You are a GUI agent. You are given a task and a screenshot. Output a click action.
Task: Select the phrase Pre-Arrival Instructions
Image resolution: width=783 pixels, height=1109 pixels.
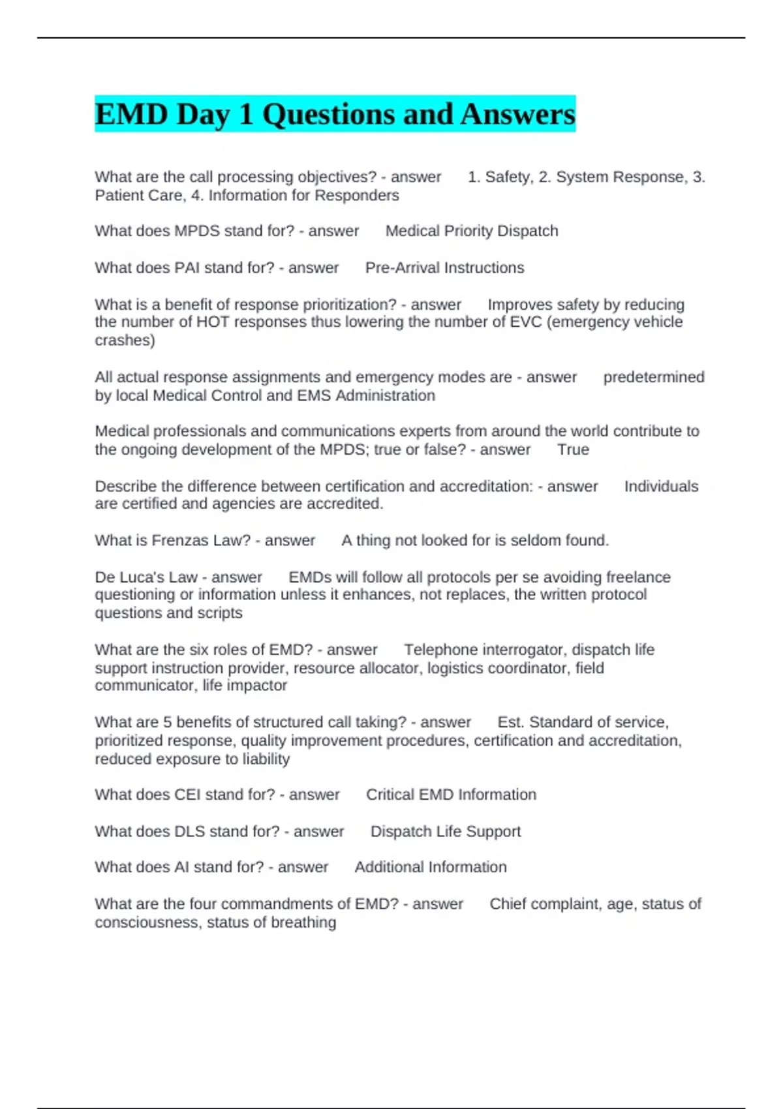(444, 267)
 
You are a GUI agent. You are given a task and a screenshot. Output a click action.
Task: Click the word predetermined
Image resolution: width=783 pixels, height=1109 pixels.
(653, 377)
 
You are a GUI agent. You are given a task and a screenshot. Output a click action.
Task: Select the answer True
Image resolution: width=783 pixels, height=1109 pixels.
(573, 449)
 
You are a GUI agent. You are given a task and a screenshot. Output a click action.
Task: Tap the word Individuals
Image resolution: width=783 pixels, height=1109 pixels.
(661, 486)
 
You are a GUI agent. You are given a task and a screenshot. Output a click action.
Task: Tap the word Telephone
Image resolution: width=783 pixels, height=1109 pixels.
(440, 650)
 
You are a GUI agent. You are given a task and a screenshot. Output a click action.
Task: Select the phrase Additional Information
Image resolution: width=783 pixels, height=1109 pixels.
(431, 867)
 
